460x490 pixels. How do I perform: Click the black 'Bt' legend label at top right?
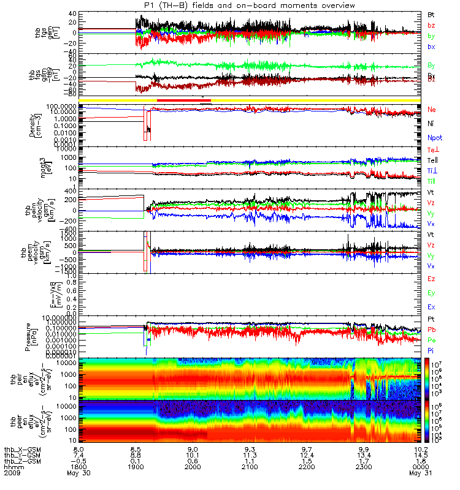(431, 13)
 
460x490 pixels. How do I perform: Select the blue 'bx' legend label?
(431, 47)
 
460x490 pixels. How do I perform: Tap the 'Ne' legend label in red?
(431, 109)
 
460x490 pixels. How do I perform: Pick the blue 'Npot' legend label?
(434, 138)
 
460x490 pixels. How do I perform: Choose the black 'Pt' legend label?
(431, 320)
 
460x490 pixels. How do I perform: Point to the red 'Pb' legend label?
(431, 330)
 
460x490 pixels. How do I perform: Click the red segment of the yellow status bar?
(184, 100)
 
